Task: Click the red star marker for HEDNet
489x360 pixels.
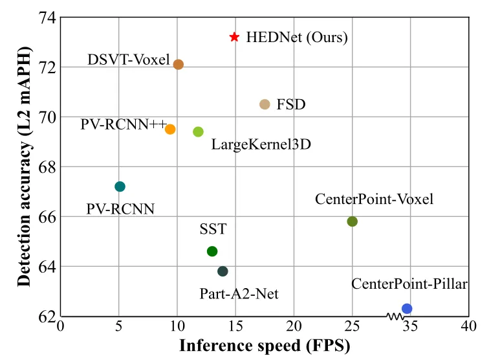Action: click(x=234, y=38)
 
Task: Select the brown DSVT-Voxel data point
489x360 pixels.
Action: click(x=179, y=64)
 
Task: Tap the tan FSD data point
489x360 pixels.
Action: click(x=265, y=104)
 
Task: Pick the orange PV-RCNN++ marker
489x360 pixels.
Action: click(x=170, y=129)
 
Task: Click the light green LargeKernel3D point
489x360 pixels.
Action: click(x=198, y=131)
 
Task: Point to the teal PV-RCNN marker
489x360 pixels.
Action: click(x=120, y=186)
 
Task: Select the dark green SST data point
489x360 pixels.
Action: click(x=212, y=251)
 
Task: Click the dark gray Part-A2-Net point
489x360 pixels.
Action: click(x=223, y=271)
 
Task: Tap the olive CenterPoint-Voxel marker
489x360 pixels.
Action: click(x=353, y=221)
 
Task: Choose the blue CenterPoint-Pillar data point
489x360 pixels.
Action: click(x=407, y=308)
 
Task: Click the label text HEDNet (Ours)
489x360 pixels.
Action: click(x=297, y=38)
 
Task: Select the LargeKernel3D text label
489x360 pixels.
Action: click(x=261, y=144)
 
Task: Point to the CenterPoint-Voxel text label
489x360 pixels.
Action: click(x=374, y=199)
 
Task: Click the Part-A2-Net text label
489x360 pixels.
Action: click(x=239, y=294)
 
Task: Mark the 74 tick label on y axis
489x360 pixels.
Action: click(x=45, y=17)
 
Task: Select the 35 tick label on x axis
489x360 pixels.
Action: click(x=411, y=326)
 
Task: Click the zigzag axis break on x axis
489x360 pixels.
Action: click(x=395, y=316)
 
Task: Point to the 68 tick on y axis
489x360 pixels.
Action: click(x=45, y=167)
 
